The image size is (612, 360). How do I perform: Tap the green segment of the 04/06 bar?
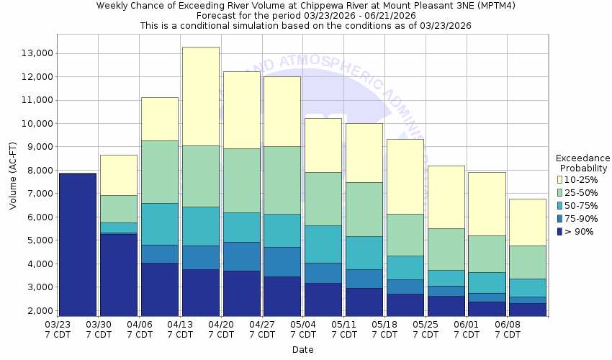(159, 171)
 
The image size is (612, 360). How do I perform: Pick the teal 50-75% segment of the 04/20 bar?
(241, 227)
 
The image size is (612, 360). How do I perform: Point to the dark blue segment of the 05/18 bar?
(405, 305)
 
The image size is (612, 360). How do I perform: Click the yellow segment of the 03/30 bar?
(118, 175)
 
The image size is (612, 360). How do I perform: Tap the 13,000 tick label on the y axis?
(34, 53)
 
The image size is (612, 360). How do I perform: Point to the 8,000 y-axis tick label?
(37, 171)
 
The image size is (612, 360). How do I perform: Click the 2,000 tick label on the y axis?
(37, 311)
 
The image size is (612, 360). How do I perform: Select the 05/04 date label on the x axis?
(303, 330)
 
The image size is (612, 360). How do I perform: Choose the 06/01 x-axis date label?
(467, 330)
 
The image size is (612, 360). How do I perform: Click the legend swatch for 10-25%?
(559, 179)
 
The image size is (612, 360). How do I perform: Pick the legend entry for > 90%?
(580, 231)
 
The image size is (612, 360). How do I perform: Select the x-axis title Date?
(303, 349)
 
